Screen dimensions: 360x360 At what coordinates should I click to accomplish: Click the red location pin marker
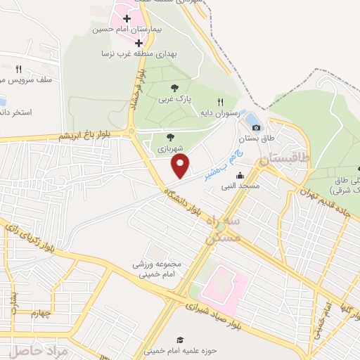pyautogui.click(x=181, y=166)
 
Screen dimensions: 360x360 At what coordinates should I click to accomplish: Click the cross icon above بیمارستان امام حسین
pyautogui.click(x=127, y=18)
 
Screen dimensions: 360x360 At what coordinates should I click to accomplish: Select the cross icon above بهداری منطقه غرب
pyautogui.click(x=139, y=42)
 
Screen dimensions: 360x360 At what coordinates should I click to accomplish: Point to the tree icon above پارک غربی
pyautogui.click(x=174, y=87)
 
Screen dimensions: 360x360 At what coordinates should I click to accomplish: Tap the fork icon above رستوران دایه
pyautogui.click(x=221, y=102)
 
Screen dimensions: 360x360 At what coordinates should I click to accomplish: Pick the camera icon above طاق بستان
pyautogui.click(x=256, y=127)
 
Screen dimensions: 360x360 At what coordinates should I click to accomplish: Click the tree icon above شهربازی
pyautogui.click(x=171, y=137)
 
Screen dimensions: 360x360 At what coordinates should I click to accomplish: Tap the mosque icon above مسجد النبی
pyautogui.click(x=240, y=176)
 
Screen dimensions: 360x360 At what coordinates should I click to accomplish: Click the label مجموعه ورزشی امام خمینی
pyautogui.click(x=158, y=269)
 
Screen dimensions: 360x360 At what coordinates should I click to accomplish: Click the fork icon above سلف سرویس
pyautogui.click(x=19, y=69)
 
